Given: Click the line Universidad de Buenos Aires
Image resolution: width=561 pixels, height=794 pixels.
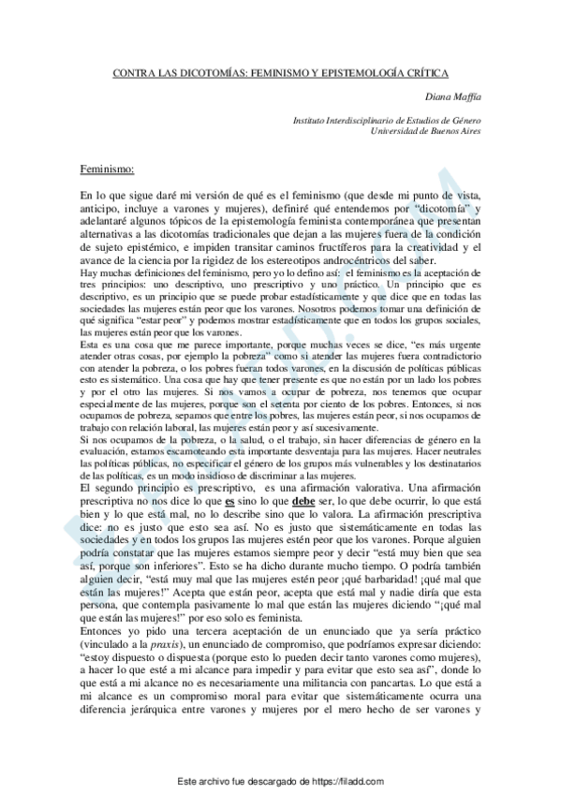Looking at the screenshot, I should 425,132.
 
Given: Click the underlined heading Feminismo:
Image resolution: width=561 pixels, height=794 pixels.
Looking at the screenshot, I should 108,169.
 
